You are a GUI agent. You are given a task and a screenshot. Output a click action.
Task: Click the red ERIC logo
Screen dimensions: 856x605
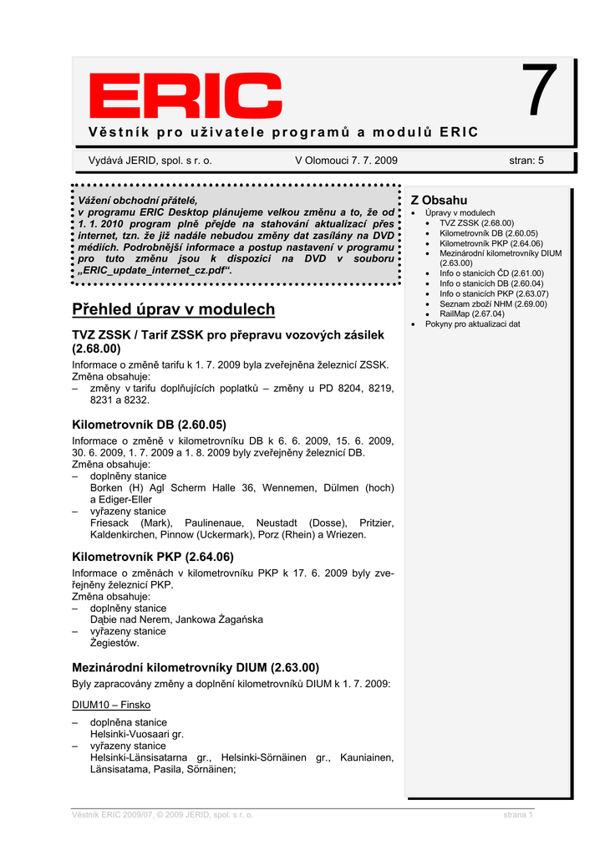pyautogui.click(x=186, y=96)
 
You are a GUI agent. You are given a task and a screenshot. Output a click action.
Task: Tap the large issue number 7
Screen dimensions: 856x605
pyautogui.click(x=539, y=92)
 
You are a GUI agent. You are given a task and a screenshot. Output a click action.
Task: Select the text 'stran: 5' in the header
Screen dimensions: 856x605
pyautogui.click(x=526, y=160)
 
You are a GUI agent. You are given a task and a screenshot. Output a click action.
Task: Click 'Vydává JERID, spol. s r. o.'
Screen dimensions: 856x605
pyautogui.click(x=150, y=160)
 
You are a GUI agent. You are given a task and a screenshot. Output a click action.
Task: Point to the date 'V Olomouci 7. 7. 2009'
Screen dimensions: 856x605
pyautogui.click(x=346, y=160)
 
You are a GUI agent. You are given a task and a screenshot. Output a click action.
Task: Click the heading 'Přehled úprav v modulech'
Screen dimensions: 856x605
pyautogui.click(x=173, y=309)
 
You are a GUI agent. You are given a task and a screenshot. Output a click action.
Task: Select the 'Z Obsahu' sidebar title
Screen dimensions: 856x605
pyautogui.click(x=439, y=201)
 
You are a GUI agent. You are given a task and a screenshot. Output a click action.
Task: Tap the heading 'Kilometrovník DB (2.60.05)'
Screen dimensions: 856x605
pyautogui.click(x=149, y=425)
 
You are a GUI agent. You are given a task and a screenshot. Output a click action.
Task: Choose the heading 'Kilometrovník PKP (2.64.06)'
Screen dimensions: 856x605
pyautogui.click(x=152, y=557)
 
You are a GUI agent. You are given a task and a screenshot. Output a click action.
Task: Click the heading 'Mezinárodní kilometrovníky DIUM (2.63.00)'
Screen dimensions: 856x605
pyautogui.click(x=196, y=668)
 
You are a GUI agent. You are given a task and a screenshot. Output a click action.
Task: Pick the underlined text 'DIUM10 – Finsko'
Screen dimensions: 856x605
pyautogui.click(x=111, y=705)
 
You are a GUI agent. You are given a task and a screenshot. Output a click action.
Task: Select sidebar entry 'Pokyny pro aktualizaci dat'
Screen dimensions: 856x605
pyautogui.click(x=472, y=324)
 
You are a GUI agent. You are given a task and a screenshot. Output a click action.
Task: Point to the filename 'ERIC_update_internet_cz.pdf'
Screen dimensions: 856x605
pyautogui.click(x=154, y=271)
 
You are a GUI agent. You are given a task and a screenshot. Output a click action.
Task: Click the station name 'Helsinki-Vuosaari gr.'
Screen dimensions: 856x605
pyautogui.click(x=136, y=734)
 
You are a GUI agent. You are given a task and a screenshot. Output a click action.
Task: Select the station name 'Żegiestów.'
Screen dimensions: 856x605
pyautogui.click(x=114, y=643)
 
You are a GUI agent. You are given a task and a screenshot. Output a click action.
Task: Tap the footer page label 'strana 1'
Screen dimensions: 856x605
pyautogui.click(x=518, y=814)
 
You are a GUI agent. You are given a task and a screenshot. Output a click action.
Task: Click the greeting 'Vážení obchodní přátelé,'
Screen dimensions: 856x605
pyautogui.click(x=138, y=201)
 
